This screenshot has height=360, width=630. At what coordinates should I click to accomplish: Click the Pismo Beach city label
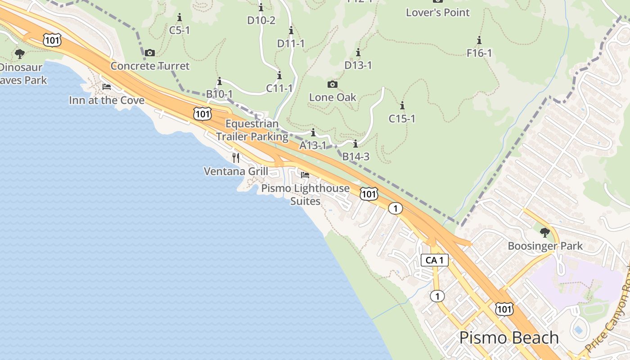[x=509, y=338]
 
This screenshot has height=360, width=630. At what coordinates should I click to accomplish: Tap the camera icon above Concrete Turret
[x=150, y=53]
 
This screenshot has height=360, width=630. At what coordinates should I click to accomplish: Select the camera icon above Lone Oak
[x=332, y=84]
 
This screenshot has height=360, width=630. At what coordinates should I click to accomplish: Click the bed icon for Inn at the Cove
[x=106, y=87]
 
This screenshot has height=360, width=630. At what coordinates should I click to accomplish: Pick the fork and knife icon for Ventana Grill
[x=236, y=157]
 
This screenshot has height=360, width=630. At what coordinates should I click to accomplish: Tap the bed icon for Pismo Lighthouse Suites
[x=305, y=175]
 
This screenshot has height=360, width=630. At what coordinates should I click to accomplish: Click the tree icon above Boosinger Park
[x=544, y=233]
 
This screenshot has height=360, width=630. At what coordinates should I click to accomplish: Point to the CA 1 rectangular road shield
[x=435, y=260]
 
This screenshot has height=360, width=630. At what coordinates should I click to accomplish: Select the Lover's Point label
[x=437, y=13]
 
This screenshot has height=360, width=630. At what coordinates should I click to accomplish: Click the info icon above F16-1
[x=479, y=40]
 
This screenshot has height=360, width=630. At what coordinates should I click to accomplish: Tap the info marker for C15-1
[x=402, y=106]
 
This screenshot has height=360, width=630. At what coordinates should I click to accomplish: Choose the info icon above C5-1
[x=180, y=18]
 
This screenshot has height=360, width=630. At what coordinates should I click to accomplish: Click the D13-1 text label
[x=358, y=65]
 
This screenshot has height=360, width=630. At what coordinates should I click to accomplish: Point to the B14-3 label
[x=356, y=157]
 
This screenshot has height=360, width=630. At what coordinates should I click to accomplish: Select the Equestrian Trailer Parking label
[x=252, y=130]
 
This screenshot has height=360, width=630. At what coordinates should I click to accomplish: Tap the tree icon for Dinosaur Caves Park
[x=19, y=54]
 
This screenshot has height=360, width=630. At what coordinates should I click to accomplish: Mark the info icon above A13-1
[x=313, y=133]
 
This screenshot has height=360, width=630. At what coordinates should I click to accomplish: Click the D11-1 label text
[x=291, y=44]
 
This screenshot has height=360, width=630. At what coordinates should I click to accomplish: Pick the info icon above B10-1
[x=220, y=81]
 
